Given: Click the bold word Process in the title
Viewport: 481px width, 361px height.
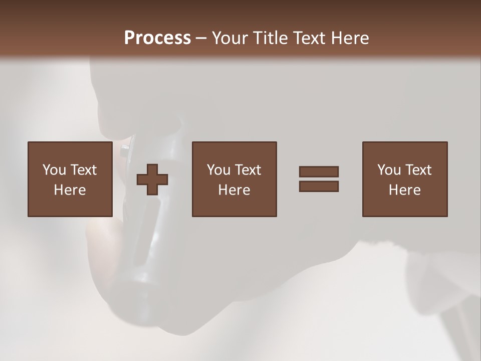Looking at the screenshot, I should point(157,38).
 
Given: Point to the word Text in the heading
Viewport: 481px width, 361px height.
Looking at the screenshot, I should point(310,38).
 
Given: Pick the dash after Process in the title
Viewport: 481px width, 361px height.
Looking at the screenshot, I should point(201,39).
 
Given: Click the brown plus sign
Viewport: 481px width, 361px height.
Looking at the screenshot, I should point(152,179).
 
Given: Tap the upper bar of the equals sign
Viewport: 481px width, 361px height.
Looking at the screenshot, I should point(319,171).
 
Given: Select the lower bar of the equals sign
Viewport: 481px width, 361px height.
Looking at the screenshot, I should point(319,187).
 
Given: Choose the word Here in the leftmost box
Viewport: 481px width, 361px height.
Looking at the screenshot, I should point(70,190).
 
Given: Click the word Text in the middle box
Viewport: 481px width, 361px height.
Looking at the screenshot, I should point(248,170).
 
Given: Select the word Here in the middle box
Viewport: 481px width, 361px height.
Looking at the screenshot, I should point(234,190).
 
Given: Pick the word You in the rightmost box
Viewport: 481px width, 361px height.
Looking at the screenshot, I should point(389,170).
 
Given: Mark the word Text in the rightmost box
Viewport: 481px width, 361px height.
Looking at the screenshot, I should point(418,170).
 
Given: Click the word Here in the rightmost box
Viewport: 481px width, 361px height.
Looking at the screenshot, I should point(404,190).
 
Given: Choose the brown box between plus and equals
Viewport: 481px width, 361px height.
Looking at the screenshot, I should point(234,206).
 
